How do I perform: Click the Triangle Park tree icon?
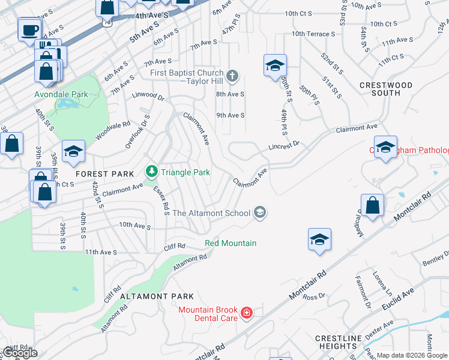click(x=152, y=172)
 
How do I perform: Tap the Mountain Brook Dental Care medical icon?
click(x=246, y=313)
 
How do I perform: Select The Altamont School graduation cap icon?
click(x=260, y=212)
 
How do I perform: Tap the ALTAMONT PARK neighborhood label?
click(x=157, y=296)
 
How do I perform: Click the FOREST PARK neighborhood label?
click(x=104, y=174)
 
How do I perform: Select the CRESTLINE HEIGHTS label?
click(x=339, y=342)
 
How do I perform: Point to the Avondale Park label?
click(x=61, y=94)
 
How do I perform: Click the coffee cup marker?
click(x=30, y=29)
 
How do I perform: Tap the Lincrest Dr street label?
click(x=284, y=146)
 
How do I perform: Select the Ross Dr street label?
click(x=314, y=296)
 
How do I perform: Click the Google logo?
click(x=19, y=353)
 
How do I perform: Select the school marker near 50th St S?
click(x=275, y=65)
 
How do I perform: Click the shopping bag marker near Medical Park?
click(x=372, y=204)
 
